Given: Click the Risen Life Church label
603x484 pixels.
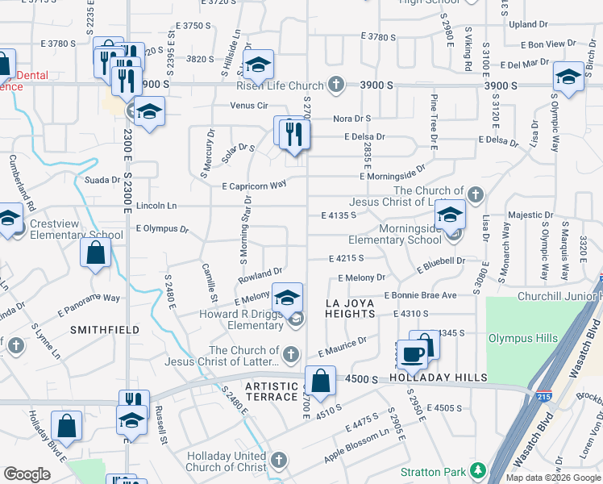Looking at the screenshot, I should coord(279,85).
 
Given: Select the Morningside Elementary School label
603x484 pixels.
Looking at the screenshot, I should coord(395,234).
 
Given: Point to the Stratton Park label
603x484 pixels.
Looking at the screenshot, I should coord(434,471).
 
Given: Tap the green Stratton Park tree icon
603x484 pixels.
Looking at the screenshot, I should coord(478,469).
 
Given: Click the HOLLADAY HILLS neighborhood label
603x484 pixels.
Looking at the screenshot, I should coord(439,378).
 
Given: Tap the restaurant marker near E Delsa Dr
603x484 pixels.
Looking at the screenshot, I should coord(295,133).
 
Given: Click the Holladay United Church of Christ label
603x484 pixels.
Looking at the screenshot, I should coord(227,461).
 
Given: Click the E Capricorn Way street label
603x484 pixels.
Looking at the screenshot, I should coord(254,185).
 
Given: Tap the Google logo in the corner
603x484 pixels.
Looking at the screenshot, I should coord(27,474).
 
